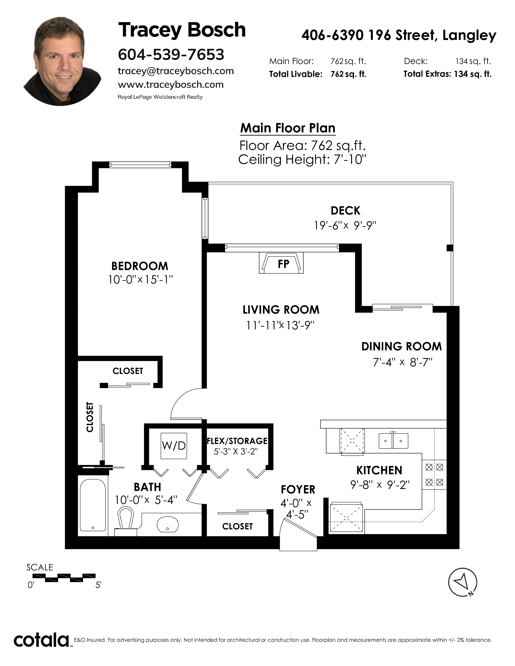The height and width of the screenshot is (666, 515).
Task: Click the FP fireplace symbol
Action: point(281,263)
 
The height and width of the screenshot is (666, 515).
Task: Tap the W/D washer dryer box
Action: point(174,446)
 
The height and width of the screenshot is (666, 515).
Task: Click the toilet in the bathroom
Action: point(126,521)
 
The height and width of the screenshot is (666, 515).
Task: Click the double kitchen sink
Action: point(393,441)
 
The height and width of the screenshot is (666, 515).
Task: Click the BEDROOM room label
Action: point(140,266)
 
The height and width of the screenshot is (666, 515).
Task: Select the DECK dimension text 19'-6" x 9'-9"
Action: point(345,225)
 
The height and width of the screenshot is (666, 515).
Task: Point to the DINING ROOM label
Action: point(401,346)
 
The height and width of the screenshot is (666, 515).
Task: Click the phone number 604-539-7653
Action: point(171,54)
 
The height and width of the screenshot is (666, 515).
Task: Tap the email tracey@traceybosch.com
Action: point(176,71)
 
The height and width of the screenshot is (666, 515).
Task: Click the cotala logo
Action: point(41,640)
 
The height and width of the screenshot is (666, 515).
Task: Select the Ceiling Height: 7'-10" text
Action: point(302,159)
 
